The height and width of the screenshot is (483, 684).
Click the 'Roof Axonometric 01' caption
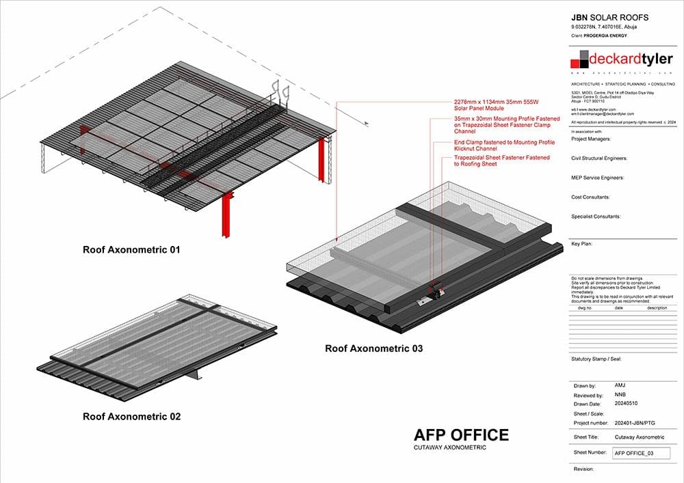coord(131,250)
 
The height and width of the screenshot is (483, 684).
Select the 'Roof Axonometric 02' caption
coord(131,416)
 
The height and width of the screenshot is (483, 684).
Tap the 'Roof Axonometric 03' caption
coord(373,348)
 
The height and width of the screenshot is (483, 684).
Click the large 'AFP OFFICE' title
coord(461,435)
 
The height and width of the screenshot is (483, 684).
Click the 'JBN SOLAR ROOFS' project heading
coord(609,17)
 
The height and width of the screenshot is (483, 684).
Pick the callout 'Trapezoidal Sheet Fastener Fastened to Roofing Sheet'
coord(501,161)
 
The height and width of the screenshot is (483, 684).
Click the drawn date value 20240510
coord(627,404)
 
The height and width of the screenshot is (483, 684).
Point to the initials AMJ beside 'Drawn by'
coord(620,385)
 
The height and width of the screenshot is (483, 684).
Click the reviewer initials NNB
coord(620,395)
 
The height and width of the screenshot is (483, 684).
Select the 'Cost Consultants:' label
coord(590,197)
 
